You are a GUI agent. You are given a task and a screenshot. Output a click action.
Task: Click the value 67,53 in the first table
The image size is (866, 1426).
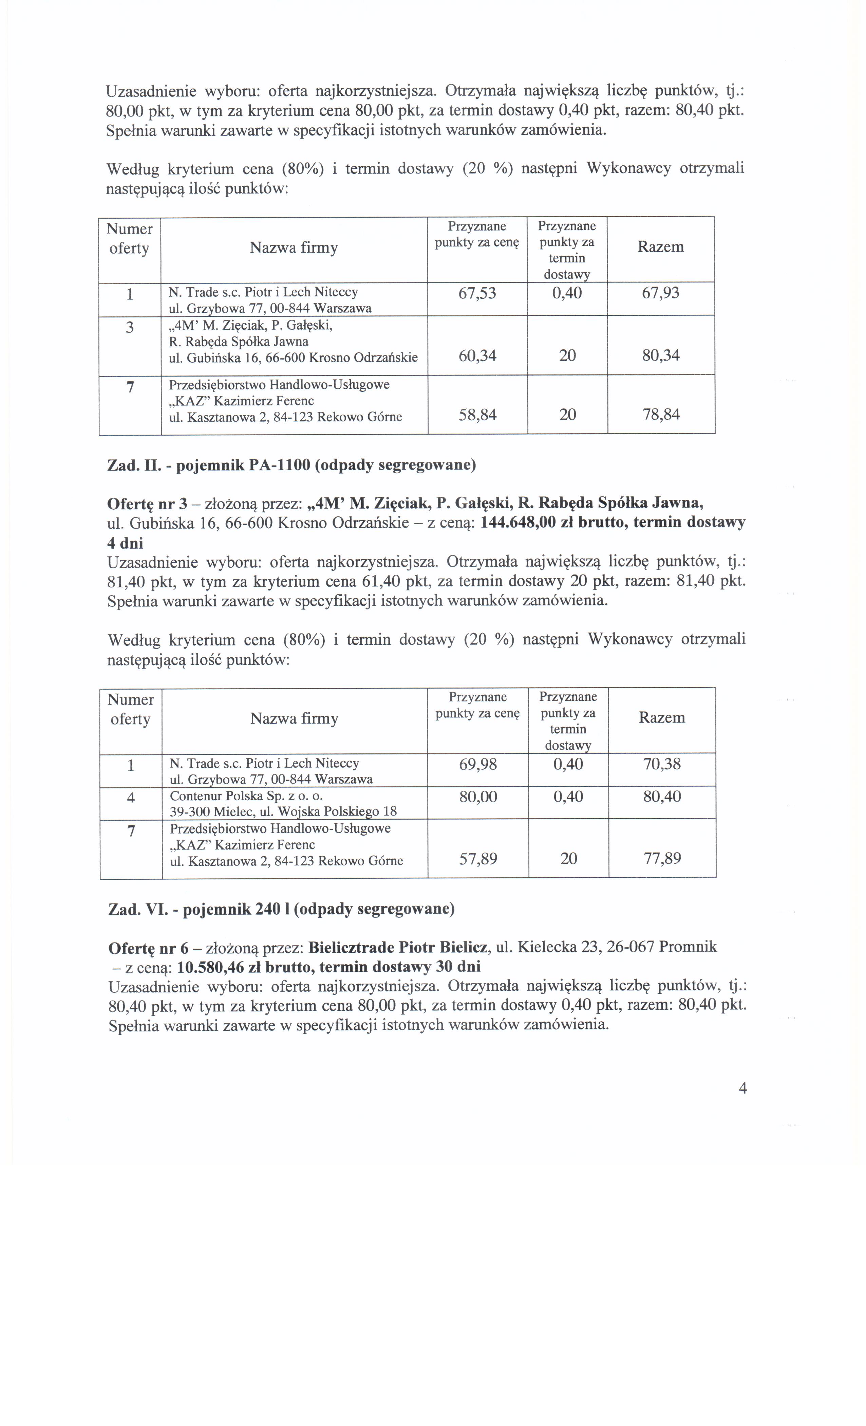click(x=477, y=293)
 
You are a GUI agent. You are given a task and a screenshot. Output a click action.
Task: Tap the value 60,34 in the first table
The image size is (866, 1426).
click(x=477, y=355)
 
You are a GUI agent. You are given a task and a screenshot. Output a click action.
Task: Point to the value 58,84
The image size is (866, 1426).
click(x=477, y=415)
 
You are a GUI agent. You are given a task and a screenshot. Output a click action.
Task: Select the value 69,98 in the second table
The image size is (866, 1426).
click(x=478, y=765)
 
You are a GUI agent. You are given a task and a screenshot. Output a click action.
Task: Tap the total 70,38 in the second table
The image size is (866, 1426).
click(x=662, y=765)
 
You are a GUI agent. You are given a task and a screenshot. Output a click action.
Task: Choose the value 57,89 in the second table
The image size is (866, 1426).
click(x=478, y=859)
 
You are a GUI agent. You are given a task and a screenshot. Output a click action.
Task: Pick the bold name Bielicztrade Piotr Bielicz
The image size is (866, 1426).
click(x=399, y=947)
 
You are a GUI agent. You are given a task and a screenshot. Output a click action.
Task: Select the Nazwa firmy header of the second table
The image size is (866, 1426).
click(x=294, y=719)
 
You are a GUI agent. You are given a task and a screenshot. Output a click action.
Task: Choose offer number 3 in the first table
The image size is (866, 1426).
click(x=130, y=328)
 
